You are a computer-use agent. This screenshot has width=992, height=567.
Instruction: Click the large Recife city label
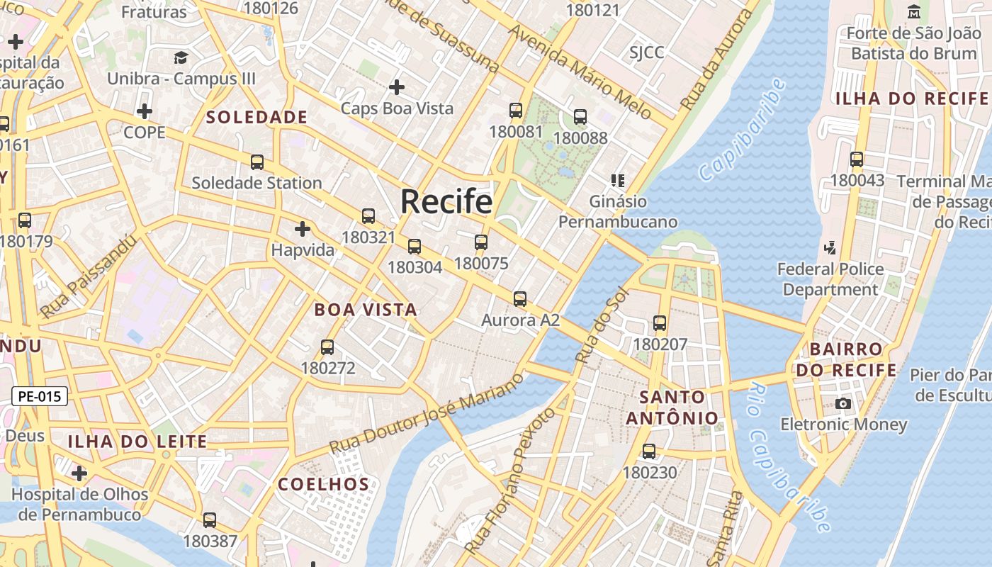click(x=446, y=202)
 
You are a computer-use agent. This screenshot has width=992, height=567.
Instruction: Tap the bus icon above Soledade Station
click(x=257, y=162)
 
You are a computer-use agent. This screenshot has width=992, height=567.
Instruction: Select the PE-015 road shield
click(x=40, y=396)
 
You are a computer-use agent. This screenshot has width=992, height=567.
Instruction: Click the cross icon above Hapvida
click(x=303, y=229)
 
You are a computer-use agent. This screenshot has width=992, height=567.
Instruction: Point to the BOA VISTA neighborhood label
click(x=366, y=310)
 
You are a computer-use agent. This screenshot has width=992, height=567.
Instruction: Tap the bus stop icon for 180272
click(x=327, y=347)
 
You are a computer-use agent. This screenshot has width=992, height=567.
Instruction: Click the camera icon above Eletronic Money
click(x=843, y=404)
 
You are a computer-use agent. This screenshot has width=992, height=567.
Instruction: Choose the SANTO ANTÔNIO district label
click(x=671, y=407)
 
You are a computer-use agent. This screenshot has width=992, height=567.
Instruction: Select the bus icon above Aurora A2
click(x=520, y=299)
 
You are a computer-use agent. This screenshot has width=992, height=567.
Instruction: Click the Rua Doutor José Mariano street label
click(x=427, y=415)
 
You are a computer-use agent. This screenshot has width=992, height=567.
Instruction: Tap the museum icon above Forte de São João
click(x=914, y=12)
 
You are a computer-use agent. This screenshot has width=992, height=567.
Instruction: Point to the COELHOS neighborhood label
click(x=323, y=485)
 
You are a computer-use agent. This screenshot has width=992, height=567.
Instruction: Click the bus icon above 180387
click(x=210, y=520)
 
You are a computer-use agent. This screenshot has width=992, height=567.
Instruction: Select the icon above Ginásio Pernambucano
click(x=618, y=181)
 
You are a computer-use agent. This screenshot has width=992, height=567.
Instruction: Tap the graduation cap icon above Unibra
click(x=181, y=58)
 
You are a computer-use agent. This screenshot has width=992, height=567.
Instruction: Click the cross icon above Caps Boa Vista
click(x=397, y=87)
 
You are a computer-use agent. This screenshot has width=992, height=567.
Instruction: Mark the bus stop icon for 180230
click(x=649, y=451)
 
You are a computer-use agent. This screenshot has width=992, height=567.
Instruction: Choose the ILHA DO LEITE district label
click(x=137, y=442)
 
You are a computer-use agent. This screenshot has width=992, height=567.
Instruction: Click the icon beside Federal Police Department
click(x=830, y=248)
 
